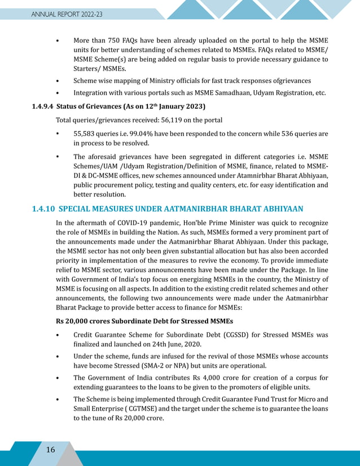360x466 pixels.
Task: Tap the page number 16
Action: (x=50, y=450)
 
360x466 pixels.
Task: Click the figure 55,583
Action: (x=86, y=134)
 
